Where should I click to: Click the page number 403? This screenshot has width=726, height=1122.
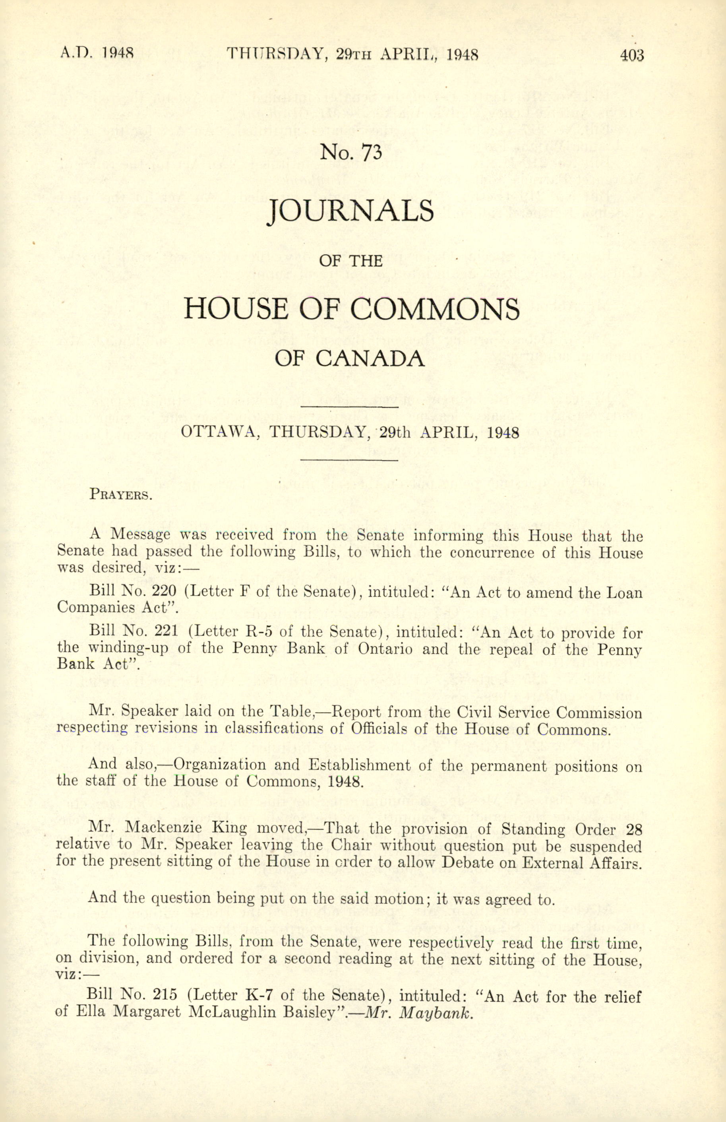(x=632, y=56)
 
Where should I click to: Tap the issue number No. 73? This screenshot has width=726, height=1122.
(x=350, y=152)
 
